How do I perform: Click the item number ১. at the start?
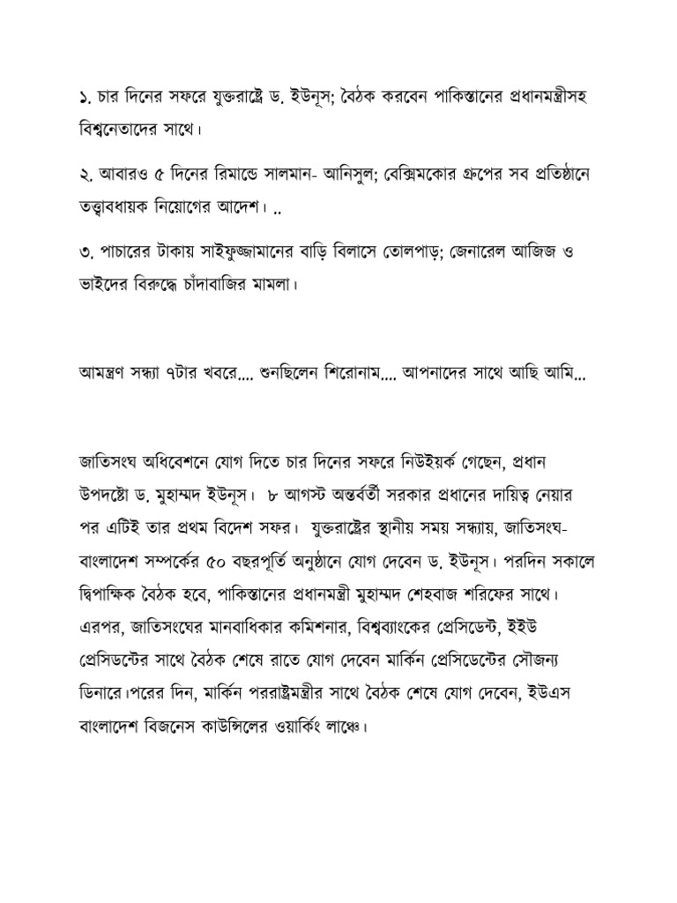coord(85,96)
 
